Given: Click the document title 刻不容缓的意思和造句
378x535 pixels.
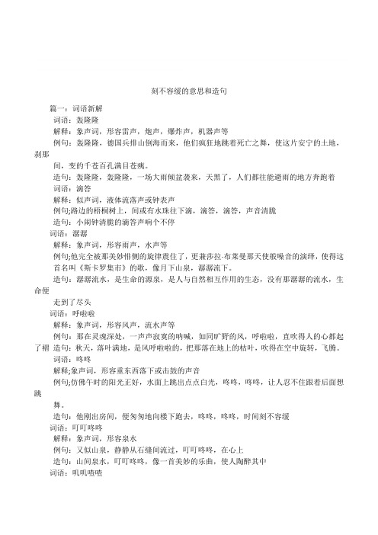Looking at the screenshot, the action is tap(188, 90).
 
